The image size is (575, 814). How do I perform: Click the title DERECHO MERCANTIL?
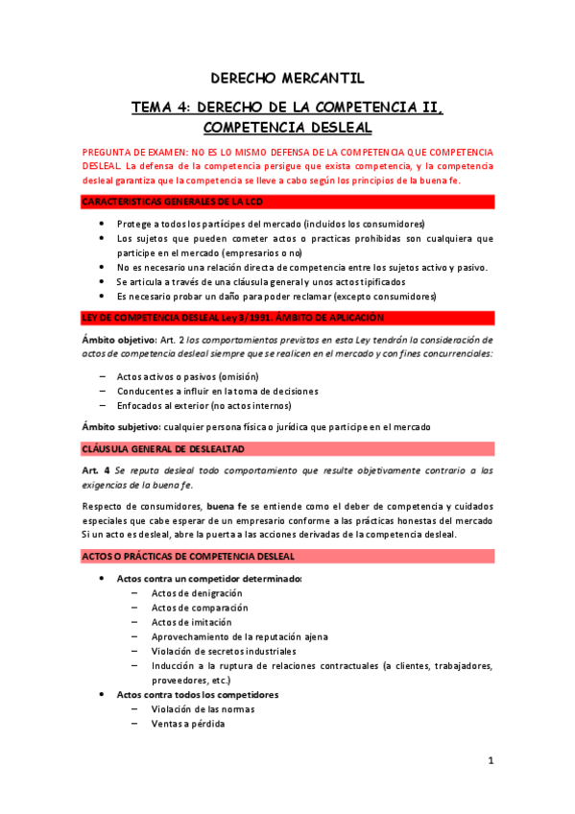288,79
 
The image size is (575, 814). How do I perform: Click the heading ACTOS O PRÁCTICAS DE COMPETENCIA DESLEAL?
188,556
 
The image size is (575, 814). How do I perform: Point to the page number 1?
490,760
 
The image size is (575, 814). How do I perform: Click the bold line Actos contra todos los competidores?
197,694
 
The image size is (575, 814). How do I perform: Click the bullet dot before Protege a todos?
103,224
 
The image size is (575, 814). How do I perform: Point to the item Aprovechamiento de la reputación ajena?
239,636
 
